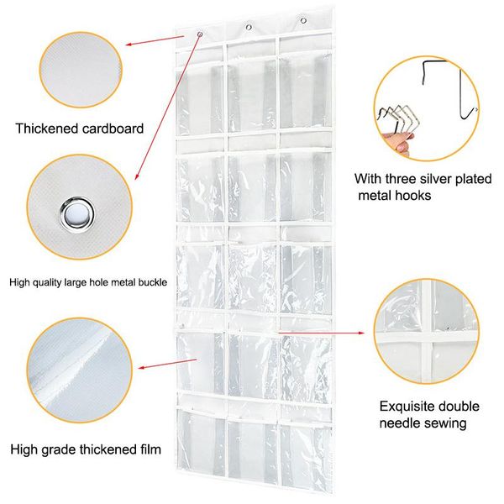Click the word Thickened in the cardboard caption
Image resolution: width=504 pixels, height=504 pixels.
click(47, 129)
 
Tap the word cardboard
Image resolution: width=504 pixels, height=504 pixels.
click(113, 129)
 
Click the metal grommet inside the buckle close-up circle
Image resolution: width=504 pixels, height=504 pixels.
click(77, 214)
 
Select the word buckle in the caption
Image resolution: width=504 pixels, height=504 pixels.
click(153, 282)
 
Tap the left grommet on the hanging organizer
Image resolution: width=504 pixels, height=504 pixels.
click(200, 34)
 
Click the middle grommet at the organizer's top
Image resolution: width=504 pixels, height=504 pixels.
click(249, 28)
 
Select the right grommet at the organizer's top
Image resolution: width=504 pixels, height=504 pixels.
click(303, 20)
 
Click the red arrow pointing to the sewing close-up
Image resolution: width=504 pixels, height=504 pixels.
click(321, 333)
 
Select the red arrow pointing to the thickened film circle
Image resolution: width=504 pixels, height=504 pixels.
click(168, 364)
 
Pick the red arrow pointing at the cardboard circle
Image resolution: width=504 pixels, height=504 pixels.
click(155, 40)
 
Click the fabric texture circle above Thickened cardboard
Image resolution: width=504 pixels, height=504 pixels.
click(81, 70)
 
